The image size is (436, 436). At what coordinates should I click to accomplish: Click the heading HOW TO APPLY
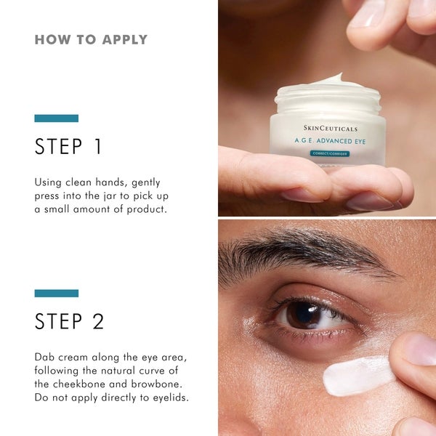click(x=91, y=39)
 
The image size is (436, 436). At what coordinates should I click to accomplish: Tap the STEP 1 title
click(x=69, y=147)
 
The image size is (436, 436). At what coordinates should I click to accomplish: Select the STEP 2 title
click(x=70, y=321)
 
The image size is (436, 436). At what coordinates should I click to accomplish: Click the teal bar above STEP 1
click(x=56, y=118)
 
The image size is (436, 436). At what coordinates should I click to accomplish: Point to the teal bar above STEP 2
click(x=56, y=293)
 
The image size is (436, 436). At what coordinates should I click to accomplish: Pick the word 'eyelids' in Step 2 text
click(x=170, y=397)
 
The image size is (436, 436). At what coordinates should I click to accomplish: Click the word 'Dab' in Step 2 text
click(x=45, y=358)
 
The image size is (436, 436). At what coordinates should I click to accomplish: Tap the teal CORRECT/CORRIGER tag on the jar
click(x=329, y=153)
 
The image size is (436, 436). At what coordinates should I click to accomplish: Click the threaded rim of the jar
click(x=327, y=94)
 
